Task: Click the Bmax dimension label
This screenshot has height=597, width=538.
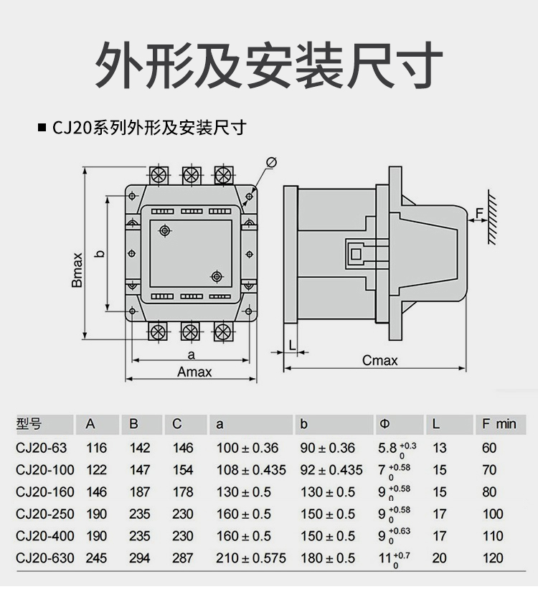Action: click(77, 270)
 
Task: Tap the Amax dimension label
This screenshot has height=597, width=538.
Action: click(194, 372)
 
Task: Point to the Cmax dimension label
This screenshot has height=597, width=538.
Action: click(379, 360)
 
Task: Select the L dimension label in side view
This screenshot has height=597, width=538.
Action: click(292, 344)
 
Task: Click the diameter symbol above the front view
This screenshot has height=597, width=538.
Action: click(272, 162)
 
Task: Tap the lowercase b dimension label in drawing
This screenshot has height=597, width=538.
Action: click(101, 253)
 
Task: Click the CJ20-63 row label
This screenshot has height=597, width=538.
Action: click(42, 448)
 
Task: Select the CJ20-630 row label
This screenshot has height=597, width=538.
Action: click(44, 558)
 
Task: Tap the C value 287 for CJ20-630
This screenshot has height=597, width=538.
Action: click(183, 558)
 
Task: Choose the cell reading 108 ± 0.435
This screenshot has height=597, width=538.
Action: click(250, 470)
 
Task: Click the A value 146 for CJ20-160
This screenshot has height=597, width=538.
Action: click(96, 492)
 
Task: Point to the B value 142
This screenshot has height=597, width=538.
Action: click(140, 448)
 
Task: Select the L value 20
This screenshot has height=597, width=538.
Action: click(440, 558)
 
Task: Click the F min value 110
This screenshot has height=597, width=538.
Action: click(493, 536)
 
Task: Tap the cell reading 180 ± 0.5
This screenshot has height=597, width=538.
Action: click(327, 558)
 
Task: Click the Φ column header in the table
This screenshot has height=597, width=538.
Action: click(385, 424)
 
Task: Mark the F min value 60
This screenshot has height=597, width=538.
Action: click(489, 448)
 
